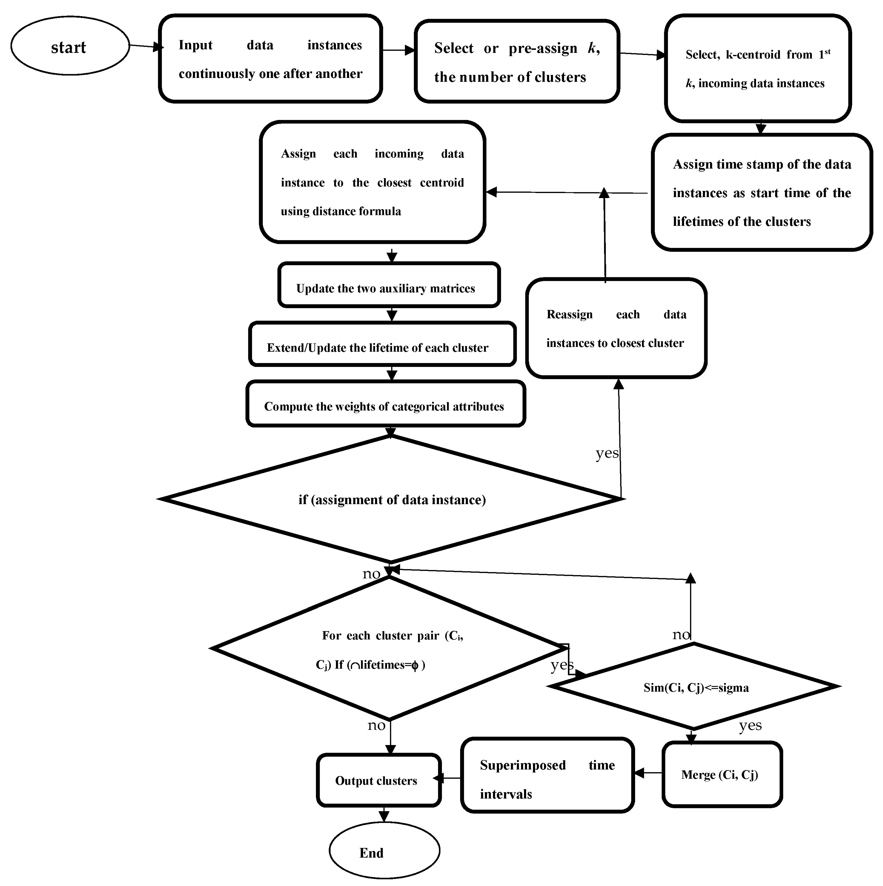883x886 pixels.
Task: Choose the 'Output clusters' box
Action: (378, 780)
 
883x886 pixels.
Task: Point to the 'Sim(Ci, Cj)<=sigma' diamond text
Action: (696, 688)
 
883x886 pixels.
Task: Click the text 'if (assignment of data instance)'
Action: (392, 500)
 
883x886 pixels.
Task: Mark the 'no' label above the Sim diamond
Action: (681, 635)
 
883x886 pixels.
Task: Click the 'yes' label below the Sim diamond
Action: (750, 726)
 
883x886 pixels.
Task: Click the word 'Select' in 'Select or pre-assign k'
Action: (454, 48)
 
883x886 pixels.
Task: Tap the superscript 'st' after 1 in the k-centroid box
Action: (828, 52)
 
